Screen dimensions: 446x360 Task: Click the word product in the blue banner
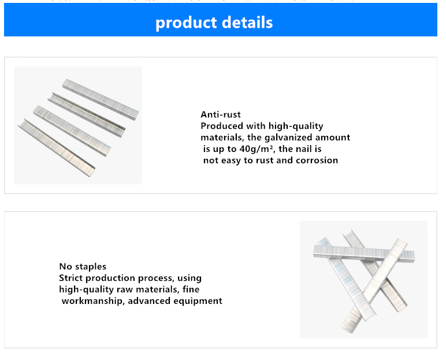[186, 23]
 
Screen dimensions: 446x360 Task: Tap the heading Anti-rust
[221, 114]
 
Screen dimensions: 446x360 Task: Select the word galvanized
[288, 138]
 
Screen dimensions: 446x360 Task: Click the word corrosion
[317, 160]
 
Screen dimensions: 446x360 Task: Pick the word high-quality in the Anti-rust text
[296, 126]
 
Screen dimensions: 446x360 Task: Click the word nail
[304, 149]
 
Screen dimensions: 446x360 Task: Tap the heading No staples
[83, 266]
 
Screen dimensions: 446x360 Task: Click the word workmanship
[93, 301]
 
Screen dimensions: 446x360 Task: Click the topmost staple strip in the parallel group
[101, 99]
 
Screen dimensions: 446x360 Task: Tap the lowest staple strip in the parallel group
[56, 147]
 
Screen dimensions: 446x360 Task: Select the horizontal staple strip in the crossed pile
[364, 253]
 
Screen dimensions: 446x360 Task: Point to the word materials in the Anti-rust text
[222, 138]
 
